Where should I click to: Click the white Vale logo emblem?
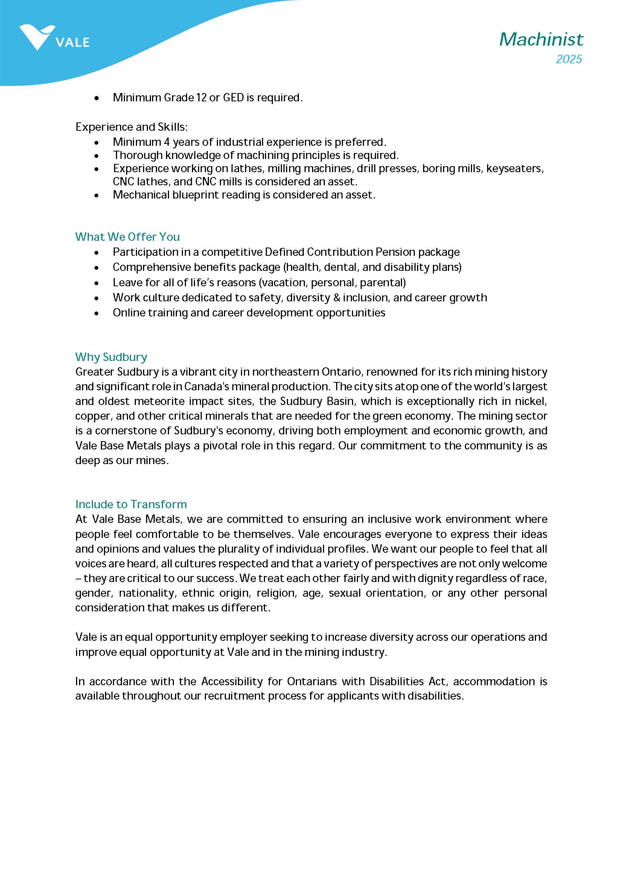tap(37, 37)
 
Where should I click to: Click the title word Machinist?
tap(541, 39)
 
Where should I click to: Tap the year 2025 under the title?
tap(568, 59)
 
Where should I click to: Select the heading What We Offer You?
tap(127, 237)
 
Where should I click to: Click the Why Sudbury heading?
tap(111, 357)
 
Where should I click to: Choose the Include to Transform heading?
tap(131, 504)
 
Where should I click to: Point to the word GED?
tap(233, 98)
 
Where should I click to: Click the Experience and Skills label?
tap(132, 127)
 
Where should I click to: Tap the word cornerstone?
tap(127, 431)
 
